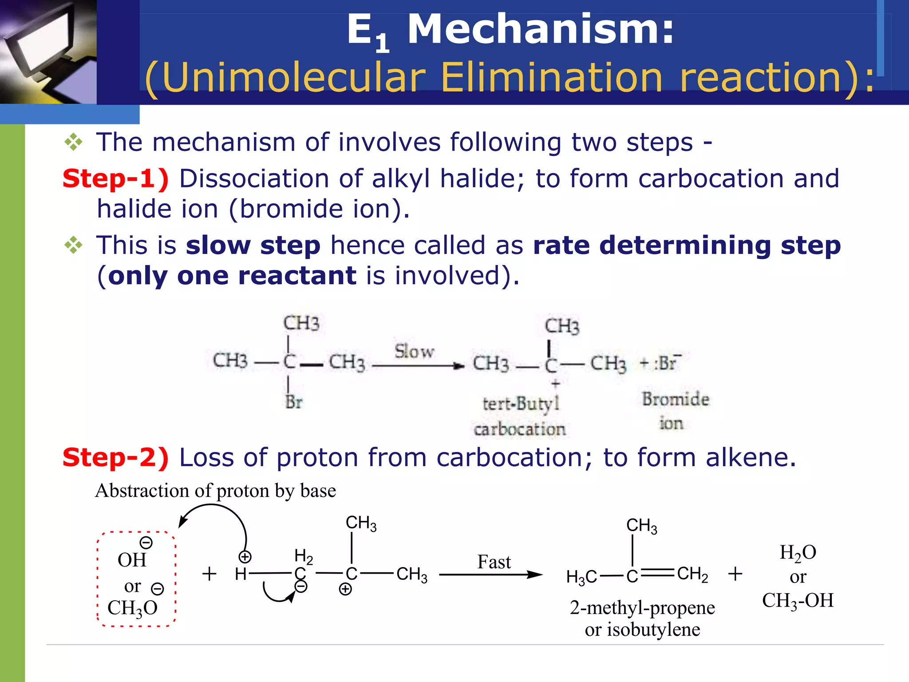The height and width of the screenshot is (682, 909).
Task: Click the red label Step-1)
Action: [115, 179]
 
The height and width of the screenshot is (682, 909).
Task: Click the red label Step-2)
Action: [115, 458]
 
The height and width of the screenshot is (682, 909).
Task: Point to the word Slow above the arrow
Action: [414, 352]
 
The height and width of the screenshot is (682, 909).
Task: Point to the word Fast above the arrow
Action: [494, 562]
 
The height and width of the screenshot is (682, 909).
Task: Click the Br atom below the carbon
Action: [294, 402]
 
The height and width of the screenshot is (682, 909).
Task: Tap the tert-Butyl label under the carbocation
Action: [521, 404]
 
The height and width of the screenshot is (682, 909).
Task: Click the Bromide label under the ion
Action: [675, 399]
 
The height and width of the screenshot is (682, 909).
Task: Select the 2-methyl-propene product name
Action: [642, 608]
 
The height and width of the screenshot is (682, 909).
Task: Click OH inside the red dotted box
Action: [132, 560]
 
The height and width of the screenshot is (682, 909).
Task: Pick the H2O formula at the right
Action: [798, 553]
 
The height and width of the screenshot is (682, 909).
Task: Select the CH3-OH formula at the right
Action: [798, 601]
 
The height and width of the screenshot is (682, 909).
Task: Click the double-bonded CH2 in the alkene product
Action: [692, 574]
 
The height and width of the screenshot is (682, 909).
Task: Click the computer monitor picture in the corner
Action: [48, 52]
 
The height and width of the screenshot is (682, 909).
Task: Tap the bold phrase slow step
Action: [253, 246]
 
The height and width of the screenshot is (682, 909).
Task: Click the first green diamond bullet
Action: [73, 143]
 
